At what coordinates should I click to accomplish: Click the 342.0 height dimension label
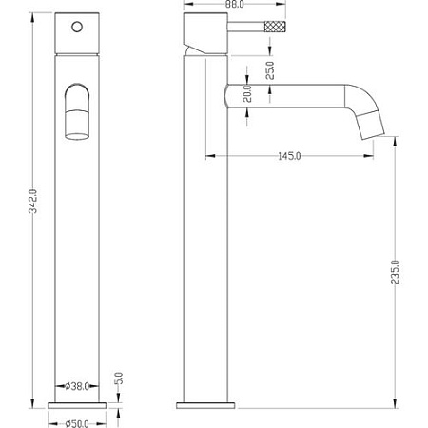pos(33,201)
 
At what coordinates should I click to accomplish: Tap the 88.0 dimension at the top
pos(234,4)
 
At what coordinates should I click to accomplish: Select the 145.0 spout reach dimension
pos(289,156)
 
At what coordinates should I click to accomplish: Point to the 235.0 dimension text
pos(395,272)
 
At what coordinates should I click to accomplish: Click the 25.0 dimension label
pos(270,70)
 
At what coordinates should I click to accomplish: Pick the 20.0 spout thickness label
pos(247,93)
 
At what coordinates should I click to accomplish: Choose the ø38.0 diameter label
pos(77,386)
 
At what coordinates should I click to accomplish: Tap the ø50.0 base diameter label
pos(77,423)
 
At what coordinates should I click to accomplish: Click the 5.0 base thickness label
pos(118,378)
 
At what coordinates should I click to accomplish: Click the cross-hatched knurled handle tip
pos(275,27)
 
